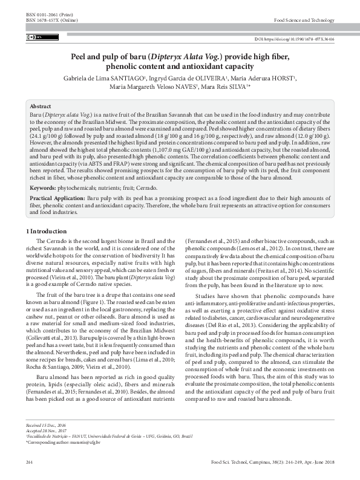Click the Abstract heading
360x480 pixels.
pyautogui.click(x=41, y=105)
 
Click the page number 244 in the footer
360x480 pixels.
pyautogui.click(x=29, y=463)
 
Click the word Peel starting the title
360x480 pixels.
pyautogui.click(x=80, y=57)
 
